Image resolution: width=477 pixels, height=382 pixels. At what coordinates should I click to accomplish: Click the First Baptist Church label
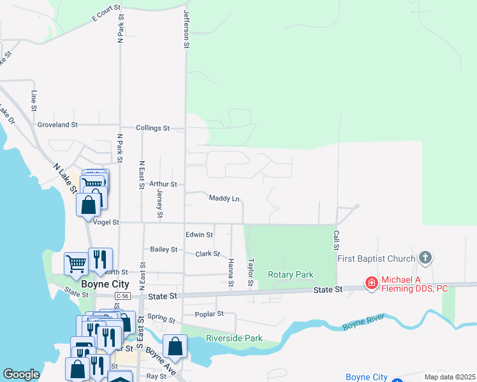(376, 258)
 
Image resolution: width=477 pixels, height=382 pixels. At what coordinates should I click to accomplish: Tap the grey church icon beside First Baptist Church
(425, 258)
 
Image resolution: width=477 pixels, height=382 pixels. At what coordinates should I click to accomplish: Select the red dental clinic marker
(371, 282)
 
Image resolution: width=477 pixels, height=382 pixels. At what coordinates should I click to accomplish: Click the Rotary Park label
(291, 274)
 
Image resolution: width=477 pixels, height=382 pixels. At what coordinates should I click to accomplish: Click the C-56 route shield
(123, 296)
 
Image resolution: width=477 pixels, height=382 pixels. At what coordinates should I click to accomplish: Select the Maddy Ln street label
(224, 199)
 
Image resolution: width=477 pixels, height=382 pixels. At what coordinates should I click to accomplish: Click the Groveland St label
(57, 125)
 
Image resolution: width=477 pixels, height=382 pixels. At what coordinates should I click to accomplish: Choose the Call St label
(335, 240)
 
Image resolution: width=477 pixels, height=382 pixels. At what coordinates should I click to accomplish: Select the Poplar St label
(211, 314)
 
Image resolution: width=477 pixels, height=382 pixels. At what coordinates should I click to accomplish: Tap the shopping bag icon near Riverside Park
(175, 347)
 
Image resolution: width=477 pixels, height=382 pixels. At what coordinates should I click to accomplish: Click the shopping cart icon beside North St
(76, 262)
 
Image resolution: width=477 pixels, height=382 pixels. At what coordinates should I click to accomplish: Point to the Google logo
(21, 374)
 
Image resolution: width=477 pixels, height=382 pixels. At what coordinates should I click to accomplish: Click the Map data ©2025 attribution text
(450, 377)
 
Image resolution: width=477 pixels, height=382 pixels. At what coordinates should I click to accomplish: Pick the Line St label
(34, 101)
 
